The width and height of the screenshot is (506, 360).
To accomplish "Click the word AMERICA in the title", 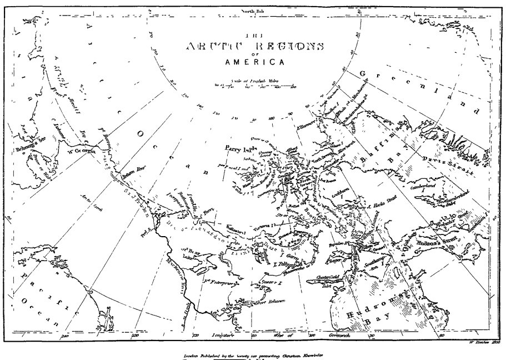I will point(255,62).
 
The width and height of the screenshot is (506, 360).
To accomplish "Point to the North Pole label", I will point(253,11).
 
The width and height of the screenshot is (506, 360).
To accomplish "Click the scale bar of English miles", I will point(255,86).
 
